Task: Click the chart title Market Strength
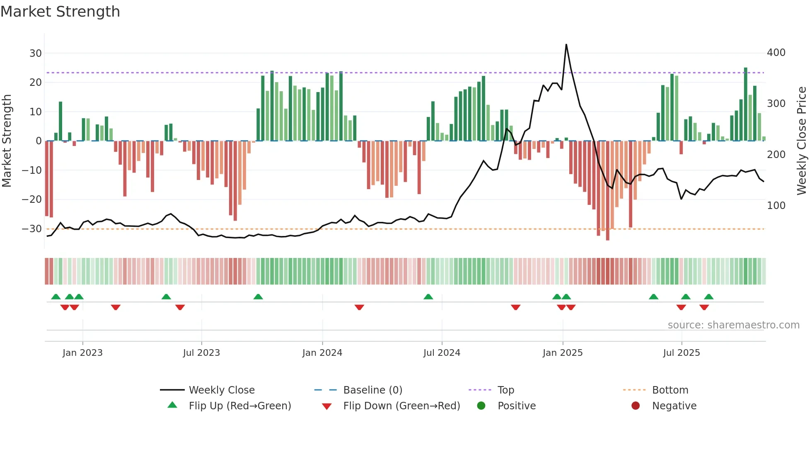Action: coord(60,12)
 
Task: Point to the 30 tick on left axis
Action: coord(35,53)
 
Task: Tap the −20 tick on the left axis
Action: coord(32,199)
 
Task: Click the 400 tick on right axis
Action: coord(776,53)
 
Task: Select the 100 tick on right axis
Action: coord(776,206)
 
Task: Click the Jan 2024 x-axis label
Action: coord(322,353)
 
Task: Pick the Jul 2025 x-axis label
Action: coord(681,353)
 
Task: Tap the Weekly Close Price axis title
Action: coord(801,141)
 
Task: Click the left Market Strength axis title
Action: coord(7,141)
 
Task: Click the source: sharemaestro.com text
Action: coord(733,325)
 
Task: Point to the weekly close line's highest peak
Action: coord(566,45)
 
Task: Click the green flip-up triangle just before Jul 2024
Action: coord(428,297)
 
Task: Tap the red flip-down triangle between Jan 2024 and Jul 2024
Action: coord(359,307)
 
